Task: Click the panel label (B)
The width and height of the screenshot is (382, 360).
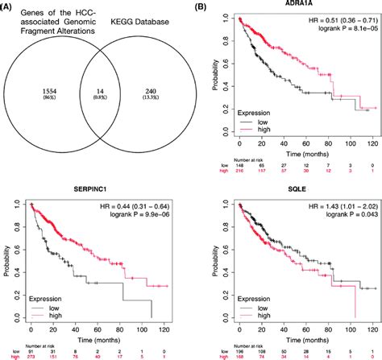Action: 205,7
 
